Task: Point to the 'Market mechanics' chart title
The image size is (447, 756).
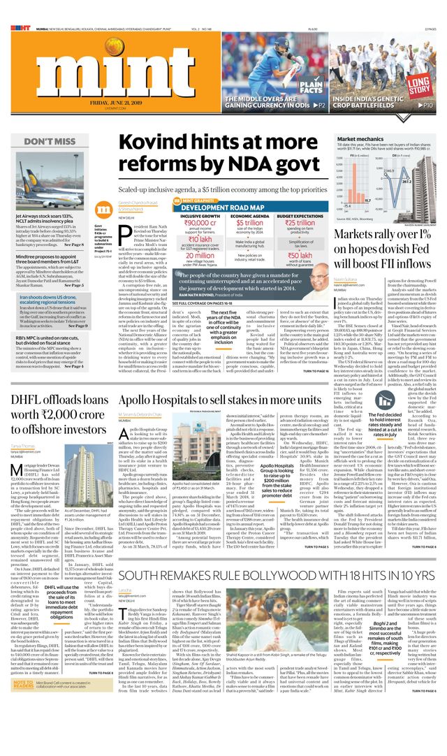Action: [358, 139]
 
